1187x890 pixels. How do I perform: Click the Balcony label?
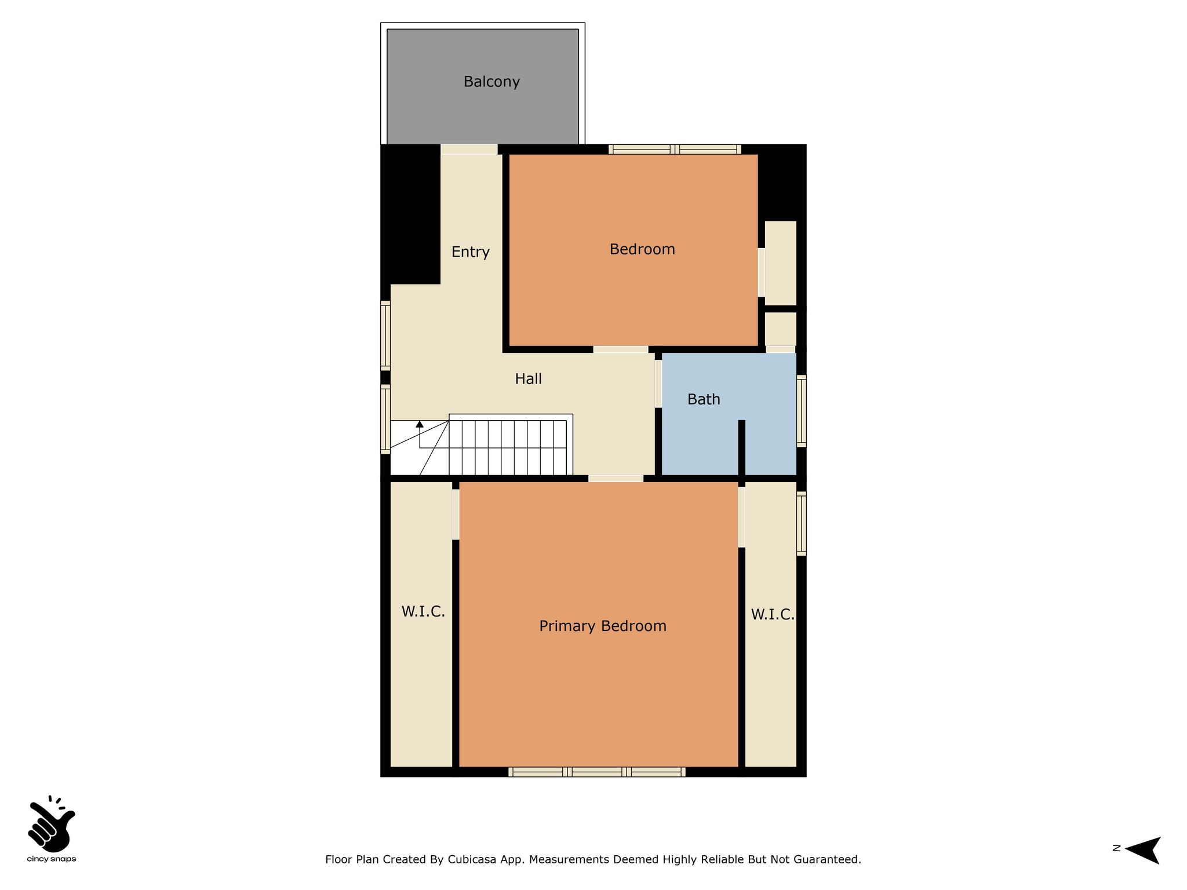coord(491,82)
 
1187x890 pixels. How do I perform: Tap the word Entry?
coord(471,252)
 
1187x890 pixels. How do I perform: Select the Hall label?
coord(529,379)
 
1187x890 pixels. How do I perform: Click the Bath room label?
coord(704,399)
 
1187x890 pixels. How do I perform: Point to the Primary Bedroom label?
coord(603,626)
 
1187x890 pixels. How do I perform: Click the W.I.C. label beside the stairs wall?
coord(423,611)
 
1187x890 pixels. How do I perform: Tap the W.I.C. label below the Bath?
coord(773,615)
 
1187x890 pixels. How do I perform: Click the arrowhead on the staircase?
coord(420,424)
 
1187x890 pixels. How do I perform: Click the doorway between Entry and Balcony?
coord(469,149)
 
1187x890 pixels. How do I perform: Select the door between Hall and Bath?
coord(658,384)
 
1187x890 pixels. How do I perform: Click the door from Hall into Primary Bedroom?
coord(616,479)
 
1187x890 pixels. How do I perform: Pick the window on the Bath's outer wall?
coord(802,411)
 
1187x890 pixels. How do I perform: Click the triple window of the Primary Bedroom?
coord(597,772)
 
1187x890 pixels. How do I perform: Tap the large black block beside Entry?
coord(410,214)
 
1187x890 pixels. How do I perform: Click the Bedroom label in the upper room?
coord(642,250)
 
